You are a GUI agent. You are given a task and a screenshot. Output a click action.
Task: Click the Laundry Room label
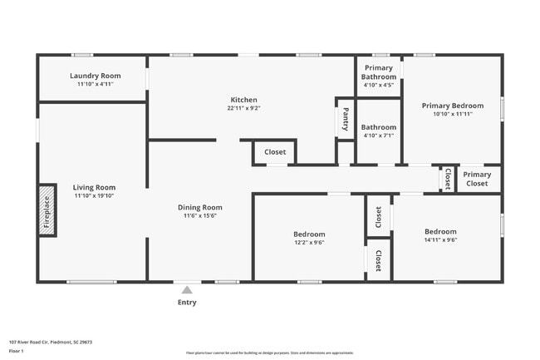[x=94, y=76]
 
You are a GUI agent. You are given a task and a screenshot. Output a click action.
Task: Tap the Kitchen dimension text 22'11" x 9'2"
[x=243, y=108]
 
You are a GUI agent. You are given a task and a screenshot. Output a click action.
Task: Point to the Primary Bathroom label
[x=379, y=72]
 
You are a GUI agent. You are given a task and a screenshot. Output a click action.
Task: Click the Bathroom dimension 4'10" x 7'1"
[x=379, y=136]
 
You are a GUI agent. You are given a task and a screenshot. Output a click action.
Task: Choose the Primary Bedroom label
[x=452, y=106]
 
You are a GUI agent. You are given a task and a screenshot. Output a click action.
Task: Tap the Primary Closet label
[x=477, y=179]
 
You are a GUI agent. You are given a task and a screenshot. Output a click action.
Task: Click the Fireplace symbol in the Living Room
[x=47, y=210]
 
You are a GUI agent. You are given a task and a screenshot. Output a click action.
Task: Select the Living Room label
[x=94, y=187]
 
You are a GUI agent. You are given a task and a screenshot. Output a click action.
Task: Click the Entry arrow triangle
[x=187, y=290]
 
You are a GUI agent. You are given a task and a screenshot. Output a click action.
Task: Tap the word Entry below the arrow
[x=187, y=303]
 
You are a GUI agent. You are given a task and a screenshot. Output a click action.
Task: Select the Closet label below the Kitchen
[x=275, y=152]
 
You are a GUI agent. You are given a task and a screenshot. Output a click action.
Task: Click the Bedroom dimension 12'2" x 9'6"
[x=309, y=243]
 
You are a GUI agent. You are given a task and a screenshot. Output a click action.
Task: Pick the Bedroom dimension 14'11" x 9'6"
[x=440, y=240]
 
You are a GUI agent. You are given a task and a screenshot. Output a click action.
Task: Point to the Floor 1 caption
[x=17, y=352]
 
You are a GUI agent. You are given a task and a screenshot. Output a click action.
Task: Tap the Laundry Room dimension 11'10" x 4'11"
[x=94, y=84]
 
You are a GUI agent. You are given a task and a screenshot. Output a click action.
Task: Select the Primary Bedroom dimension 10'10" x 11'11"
[x=452, y=114]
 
